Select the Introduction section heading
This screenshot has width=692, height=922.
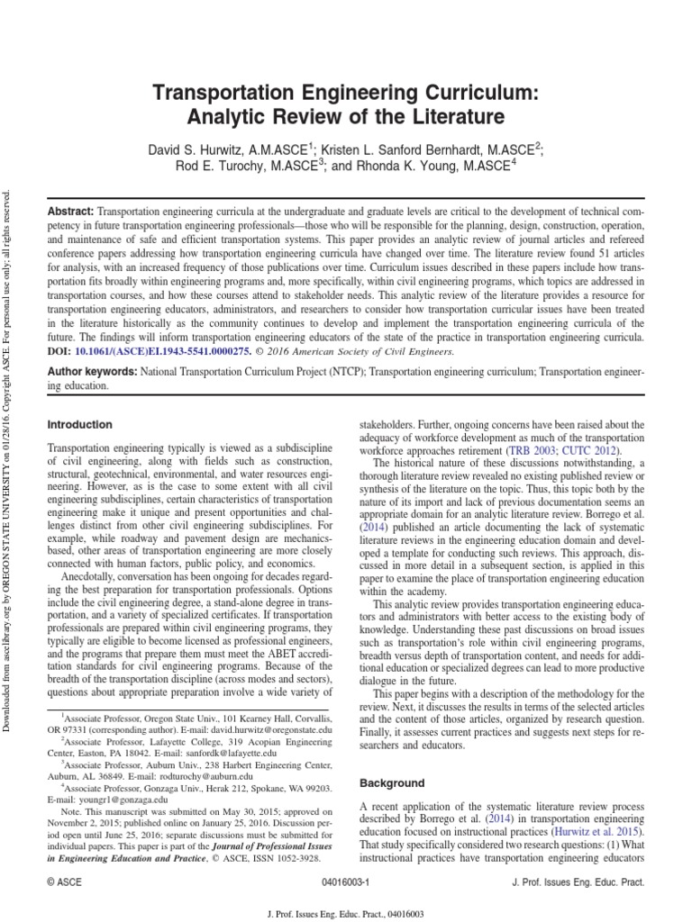tap(79, 424)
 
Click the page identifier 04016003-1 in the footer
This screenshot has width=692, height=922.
tap(344, 884)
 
